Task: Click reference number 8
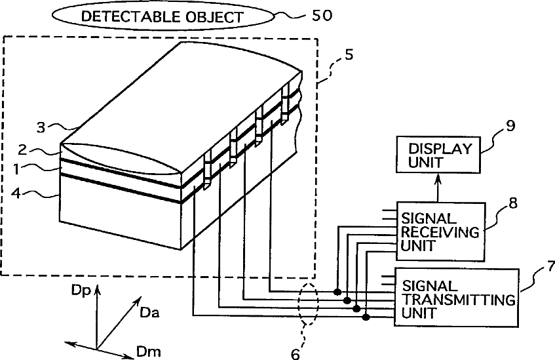(x=512, y=203)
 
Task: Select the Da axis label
(x=149, y=314)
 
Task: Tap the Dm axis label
(x=148, y=353)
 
